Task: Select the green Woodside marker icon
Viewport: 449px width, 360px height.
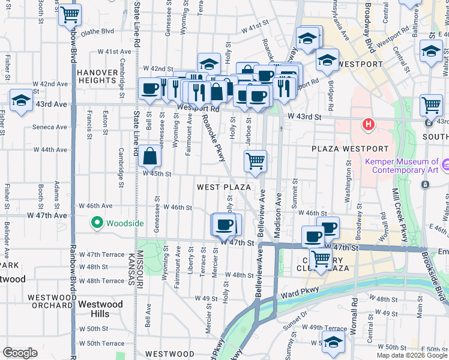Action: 97,223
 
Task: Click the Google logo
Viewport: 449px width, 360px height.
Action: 20,353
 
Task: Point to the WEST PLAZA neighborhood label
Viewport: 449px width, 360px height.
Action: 224,187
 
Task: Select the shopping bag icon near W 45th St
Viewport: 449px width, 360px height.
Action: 149,157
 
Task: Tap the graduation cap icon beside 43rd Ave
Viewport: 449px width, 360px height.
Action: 21,102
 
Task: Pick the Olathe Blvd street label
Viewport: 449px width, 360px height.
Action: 97,31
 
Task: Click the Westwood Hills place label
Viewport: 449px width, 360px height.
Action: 101,310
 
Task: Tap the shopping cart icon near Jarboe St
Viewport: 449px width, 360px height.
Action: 255,161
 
